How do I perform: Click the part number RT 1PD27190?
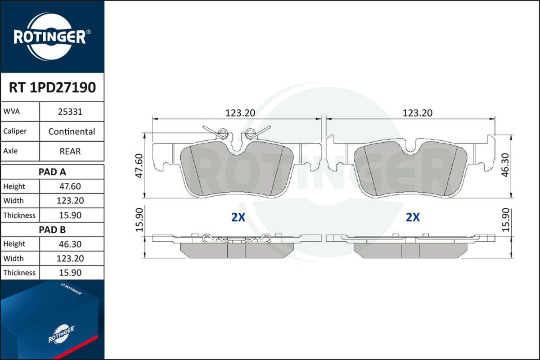52,87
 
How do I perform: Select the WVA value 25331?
70,112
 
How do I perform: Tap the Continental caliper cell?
72,131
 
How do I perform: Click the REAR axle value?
70,151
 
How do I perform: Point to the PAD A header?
53,171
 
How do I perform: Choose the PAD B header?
53,229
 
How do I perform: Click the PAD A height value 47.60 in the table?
70,186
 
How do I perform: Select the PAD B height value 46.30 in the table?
70,244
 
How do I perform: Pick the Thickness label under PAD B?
19,273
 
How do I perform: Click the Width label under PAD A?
13,201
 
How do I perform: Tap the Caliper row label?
15,131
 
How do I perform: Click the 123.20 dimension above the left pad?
240,113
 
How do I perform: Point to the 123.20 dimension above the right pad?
417,113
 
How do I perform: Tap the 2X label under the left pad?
238,218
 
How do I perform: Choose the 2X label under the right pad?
413,218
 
